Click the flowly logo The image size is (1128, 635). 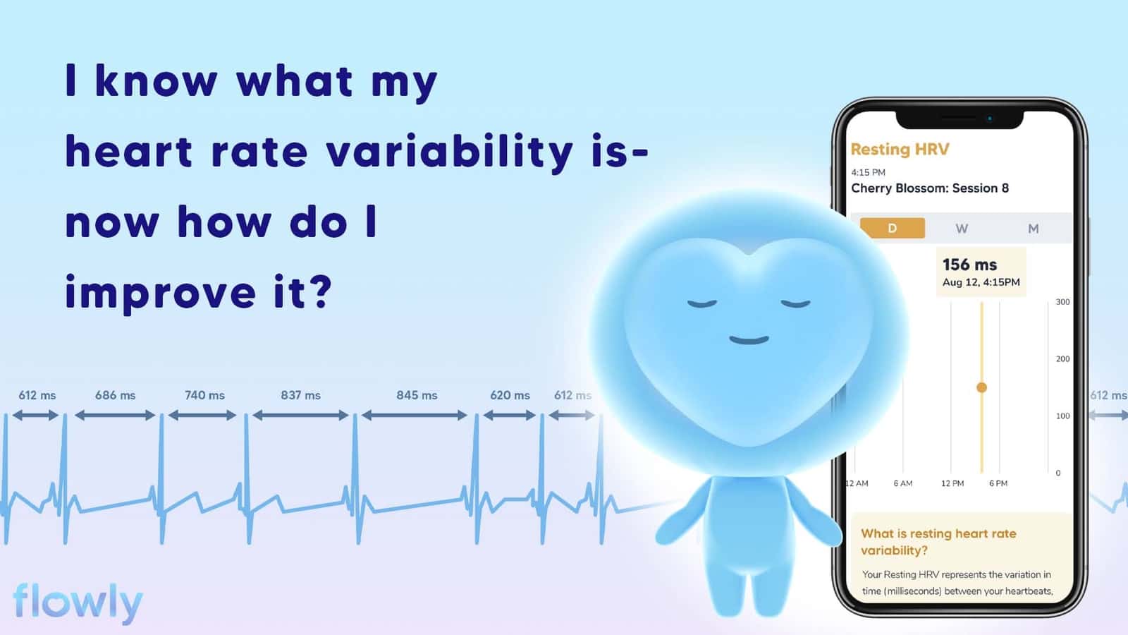78,603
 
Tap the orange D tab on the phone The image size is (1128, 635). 892,228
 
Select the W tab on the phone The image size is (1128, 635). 962,229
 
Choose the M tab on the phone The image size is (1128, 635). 1034,229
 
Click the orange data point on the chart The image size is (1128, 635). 981,387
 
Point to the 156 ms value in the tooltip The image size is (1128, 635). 969,265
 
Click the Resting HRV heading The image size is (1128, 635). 900,149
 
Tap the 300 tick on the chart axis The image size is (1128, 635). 1062,302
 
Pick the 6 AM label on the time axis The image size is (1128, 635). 903,483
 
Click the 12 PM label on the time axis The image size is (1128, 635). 952,483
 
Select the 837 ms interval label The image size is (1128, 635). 300,395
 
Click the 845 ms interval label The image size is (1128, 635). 417,395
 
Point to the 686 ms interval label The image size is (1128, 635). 116,395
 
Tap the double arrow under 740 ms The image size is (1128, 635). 202,416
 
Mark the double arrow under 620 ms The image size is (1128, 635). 509,416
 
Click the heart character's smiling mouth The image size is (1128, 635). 749,340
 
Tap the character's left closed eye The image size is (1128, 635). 702,304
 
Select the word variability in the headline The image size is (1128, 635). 450,152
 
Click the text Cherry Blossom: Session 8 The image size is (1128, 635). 930,188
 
